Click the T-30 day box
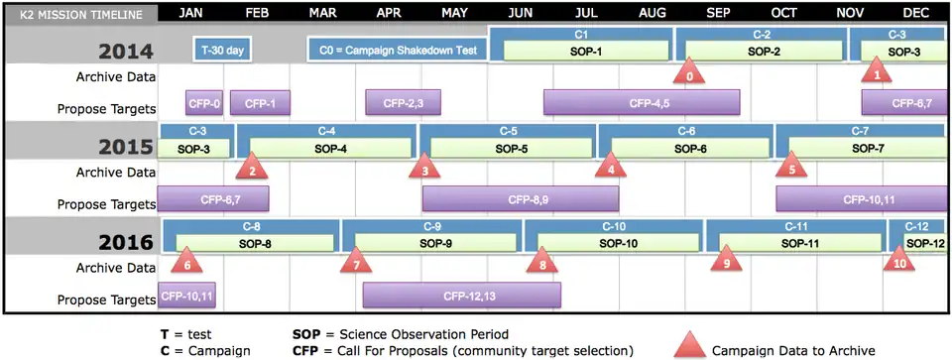222,50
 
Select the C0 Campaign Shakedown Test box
399,50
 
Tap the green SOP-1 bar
586,51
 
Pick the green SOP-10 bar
619,243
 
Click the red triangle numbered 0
689,71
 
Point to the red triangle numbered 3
424,166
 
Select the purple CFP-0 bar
204,102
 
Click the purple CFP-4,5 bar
642,102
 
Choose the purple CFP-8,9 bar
521,199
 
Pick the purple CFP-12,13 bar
462,296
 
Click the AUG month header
653,13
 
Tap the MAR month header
322,13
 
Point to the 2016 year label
127,242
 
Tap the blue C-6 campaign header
686,130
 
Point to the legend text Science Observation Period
423,334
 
